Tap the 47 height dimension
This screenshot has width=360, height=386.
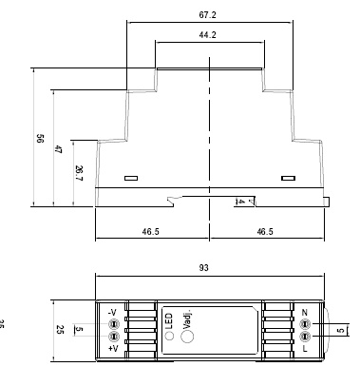pos(59,149)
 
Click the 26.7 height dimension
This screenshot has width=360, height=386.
pos(79,171)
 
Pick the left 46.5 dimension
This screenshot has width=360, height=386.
pos(150,231)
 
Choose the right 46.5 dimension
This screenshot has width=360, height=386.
pos(264,231)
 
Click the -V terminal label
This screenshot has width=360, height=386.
pos(112,312)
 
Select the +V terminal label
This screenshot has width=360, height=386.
pos(112,349)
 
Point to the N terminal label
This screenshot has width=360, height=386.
pos(305,312)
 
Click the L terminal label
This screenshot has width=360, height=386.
pos(305,349)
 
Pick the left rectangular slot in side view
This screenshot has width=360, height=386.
pos(130,177)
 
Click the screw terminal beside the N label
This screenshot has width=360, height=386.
pos(305,324)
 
